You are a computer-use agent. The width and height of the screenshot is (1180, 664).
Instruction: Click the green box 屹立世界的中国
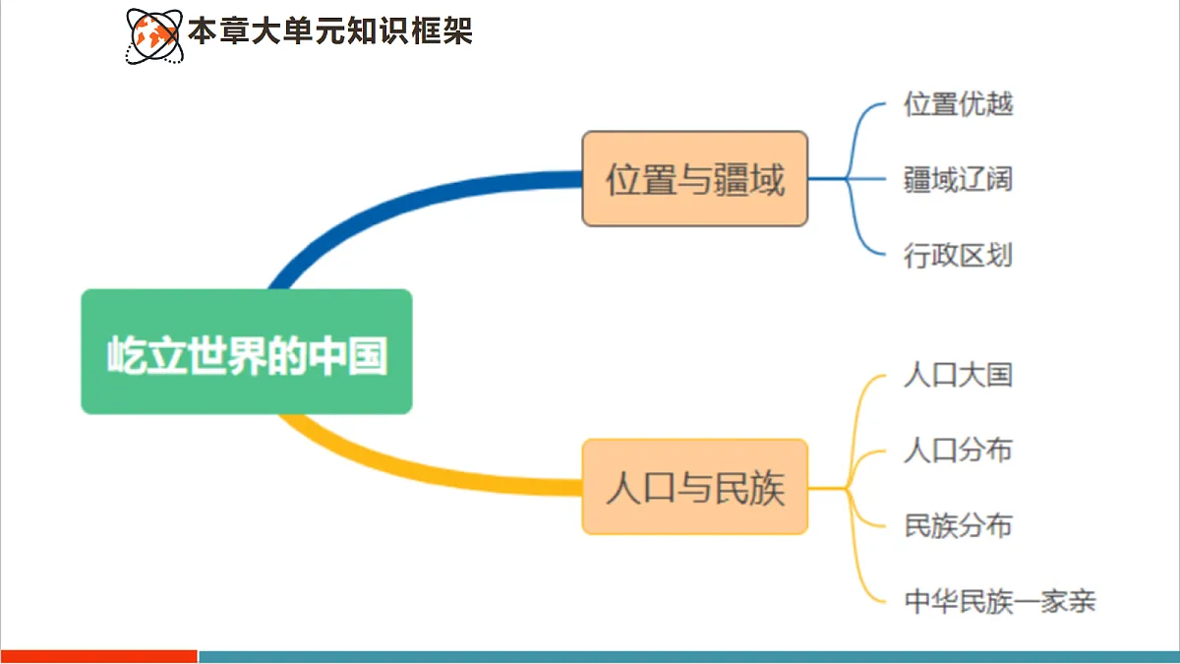tap(246, 351)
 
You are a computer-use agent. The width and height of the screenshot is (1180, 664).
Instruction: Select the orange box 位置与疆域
tap(694, 179)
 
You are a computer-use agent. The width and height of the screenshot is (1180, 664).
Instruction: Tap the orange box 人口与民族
tap(694, 487)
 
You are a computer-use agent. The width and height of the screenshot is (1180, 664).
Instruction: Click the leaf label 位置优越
tap(958, 104)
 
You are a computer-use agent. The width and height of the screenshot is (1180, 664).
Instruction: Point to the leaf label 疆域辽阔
tap(958, 180)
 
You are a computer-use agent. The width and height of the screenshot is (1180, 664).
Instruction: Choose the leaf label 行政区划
tap(958, 256)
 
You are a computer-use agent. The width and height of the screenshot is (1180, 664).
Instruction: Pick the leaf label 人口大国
tap(958, 375)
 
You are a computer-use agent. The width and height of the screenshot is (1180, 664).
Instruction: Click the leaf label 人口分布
tap(958, 451)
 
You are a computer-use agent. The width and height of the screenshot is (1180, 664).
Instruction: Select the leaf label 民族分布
tap(958, 525)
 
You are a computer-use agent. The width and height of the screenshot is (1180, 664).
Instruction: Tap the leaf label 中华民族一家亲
tap(999, 600)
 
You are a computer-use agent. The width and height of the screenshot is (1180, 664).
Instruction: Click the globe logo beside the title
tap(153, 34)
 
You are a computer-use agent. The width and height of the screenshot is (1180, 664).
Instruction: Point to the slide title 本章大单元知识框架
tap(329, 31)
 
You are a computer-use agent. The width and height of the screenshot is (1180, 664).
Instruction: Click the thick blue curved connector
tap(393, 202)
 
